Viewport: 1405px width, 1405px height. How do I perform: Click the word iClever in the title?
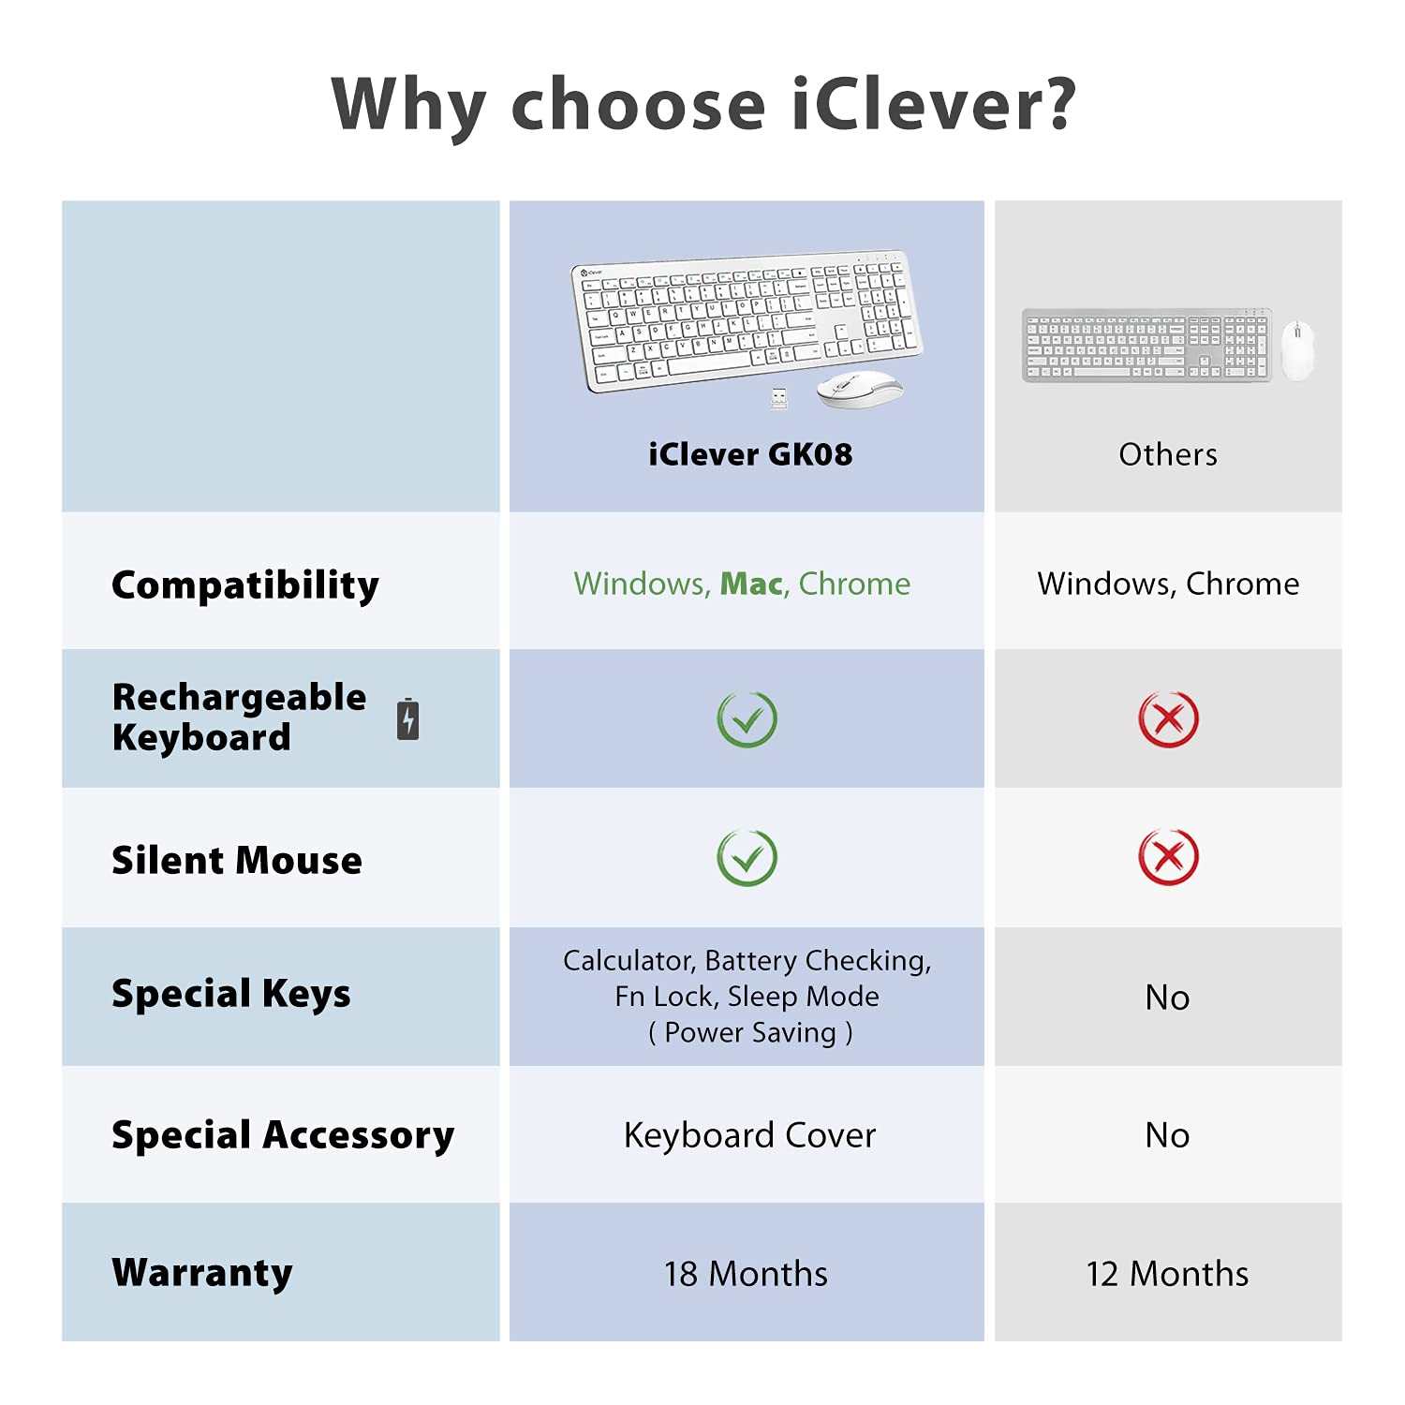pos(934,103)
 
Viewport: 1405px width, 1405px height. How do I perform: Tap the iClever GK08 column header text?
pos(750,454)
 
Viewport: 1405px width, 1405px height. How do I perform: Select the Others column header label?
pos(1168,454)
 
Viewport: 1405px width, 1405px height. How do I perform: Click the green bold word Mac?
pos(751,584)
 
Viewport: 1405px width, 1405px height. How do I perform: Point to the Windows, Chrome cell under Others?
pos(1168,584)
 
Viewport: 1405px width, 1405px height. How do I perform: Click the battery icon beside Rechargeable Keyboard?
pos(407,719)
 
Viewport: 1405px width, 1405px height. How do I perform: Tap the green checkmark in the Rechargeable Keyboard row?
pos(747,719)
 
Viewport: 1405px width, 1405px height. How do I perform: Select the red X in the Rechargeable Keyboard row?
pos(1168,719)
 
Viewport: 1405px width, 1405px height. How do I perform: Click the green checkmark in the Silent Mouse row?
pos(747,857)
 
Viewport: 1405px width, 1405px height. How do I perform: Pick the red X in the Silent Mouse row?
pos(1168,857)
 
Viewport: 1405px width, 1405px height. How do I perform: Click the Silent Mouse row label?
pos(237,860)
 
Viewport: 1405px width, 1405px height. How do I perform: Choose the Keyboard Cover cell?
pos(749,1135)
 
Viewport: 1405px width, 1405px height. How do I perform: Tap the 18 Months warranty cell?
pos(746,1274)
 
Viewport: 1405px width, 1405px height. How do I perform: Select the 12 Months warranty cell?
pos(1167,1274)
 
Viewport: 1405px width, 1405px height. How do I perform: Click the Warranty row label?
pos(202,1273)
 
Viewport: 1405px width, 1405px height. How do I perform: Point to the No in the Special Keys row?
pos(1167,998)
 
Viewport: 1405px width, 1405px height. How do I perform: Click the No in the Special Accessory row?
pos(1167,1135)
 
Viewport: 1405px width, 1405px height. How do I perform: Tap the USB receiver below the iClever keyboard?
pos(778,398)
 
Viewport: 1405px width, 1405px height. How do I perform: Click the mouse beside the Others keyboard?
pos(1297,349)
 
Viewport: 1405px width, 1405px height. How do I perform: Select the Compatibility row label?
pos(245,585)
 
